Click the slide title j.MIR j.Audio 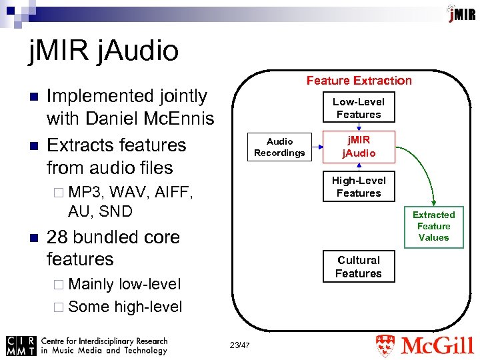pyautogui.click(x=103, y=51)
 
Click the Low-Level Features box pyautogui.click(x=359, y=108)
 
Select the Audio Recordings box pyautogui.click(x=279, y=147)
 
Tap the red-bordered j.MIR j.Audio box pyautogui.click(x=359, y=147)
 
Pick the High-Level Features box pyautogui.click(x=359, y=187)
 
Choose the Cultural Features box pyautogui.click(x=359, y=267)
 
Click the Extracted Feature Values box pyautogui.click(x=433, y=226)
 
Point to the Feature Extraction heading pyautogui.click(x=359, y=81)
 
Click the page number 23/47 pyautogui.click(x=238, y=345)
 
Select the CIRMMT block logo pyautogui.click(x=20, y=345)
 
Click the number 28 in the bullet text pyautogui.click(x=57, y=237)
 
